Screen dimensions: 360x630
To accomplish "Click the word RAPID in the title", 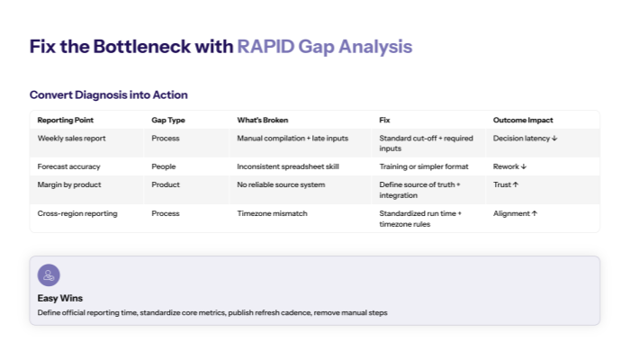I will point(264,47).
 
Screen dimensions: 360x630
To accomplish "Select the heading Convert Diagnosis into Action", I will point(108,94).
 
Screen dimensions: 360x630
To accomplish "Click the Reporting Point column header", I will point(65,120).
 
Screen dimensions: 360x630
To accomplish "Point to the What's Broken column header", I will point(263,120).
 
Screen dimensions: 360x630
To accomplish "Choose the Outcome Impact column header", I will point(523,120).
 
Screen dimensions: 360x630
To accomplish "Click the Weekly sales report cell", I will point(72,139).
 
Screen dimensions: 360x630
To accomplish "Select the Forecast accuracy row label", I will point(68,166).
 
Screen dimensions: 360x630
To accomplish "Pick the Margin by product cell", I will point(69,184).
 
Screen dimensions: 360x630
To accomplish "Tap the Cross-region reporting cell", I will point(77,213).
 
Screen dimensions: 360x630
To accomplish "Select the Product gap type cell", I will point(166,184).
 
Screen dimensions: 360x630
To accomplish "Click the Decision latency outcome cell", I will point(526,139).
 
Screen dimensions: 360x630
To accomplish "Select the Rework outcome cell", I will point(510,166).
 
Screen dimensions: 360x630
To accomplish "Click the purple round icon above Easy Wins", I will point(49,275).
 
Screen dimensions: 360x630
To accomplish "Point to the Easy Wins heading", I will point(60,298).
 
